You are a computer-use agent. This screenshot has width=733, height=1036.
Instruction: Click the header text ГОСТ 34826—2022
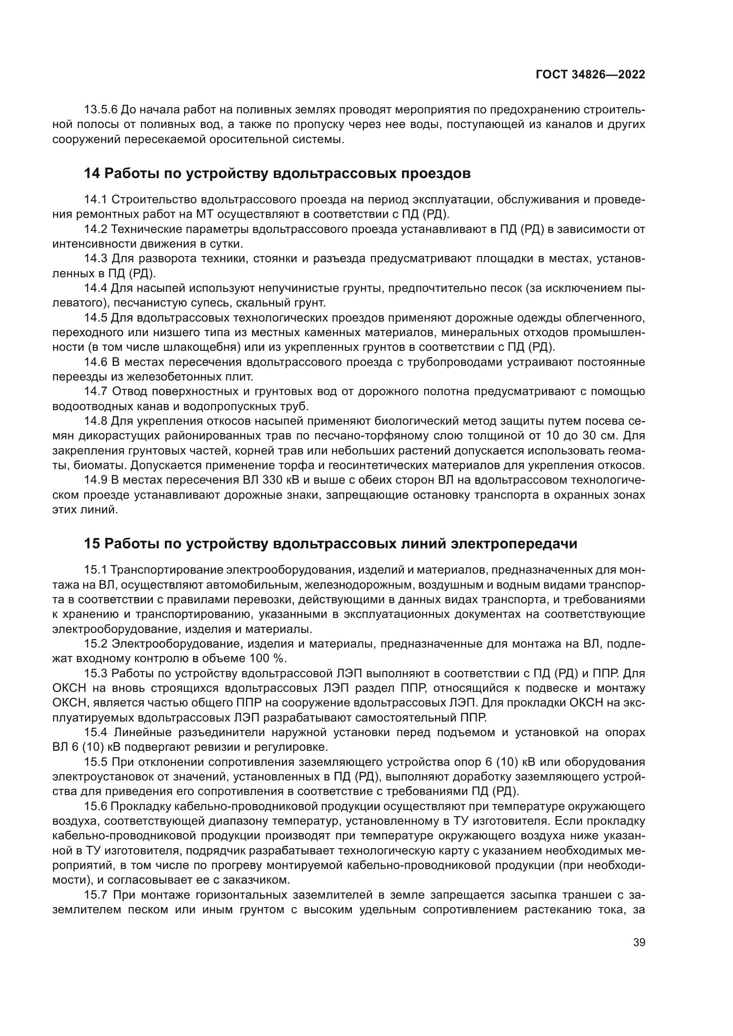coord(590,75)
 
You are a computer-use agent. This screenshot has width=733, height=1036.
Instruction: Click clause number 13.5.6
coord(101,110)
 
